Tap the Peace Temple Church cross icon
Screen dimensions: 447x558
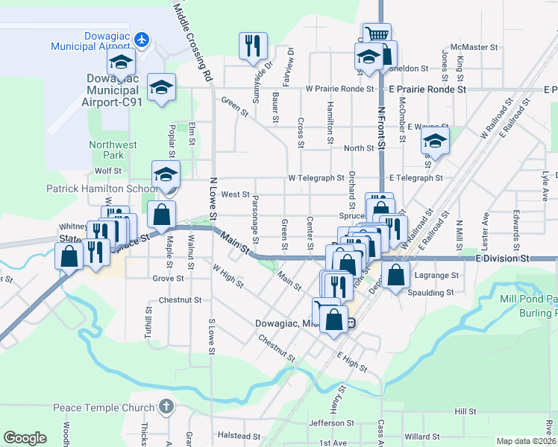(166, 408)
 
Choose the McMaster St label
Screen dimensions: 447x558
(469, 47)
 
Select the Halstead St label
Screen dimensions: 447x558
(239, 435)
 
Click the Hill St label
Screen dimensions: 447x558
(465, 411)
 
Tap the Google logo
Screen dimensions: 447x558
(25, 438)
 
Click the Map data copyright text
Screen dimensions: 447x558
(527, 441)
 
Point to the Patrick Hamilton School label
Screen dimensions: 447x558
(98, 189)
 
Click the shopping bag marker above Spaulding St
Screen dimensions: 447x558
(396, 274)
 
